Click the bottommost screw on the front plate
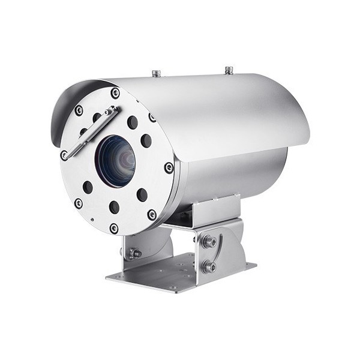point(114,228)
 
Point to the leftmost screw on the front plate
point(64,154)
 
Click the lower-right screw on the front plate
point(152,214)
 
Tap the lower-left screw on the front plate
point(79,203)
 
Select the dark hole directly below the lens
point(114,207)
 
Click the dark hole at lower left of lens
point(88,187)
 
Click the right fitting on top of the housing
point(229,70)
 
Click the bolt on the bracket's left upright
point(135,253)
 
